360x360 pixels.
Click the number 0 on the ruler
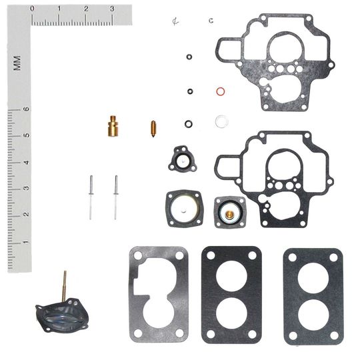[x=33, y=9]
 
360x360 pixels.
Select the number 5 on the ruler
[x=26, y=135]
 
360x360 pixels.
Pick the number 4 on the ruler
[x=26, y=162]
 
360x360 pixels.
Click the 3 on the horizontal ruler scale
[x=111, y=9]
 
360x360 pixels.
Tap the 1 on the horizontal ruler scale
[x=59, y=9]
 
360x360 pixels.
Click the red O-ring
[x=220, y=91]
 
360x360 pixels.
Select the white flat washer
[x=221, y=121]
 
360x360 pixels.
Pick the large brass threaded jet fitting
[x=113, y=126]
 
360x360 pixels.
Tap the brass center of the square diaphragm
[x=228, y=213]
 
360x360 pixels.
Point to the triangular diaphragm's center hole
[x=181, y=159]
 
